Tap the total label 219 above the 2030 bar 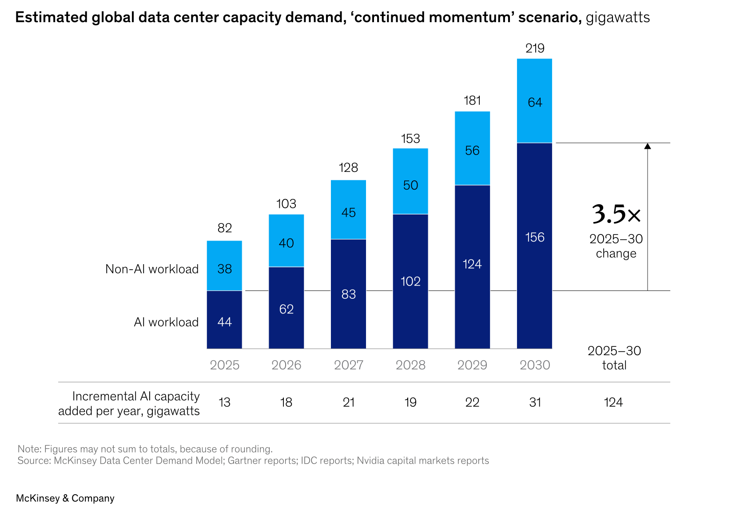click(x=535, y=48)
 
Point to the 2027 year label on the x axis click(x=349, y=365)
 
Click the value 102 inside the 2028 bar click(x=410, y=282)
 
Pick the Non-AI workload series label click(x=152, y=269)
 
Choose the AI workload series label click(x=166, y=322)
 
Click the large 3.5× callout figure click(x=617, y=214)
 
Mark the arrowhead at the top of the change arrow click(x=648, y=146)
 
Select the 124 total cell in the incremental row click(x=613, y=402)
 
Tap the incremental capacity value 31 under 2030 click(x=535, y=402)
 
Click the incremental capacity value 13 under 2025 click(x=224, y=402)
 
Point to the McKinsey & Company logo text click(x=65, y=498)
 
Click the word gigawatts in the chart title click(x=618, y=17)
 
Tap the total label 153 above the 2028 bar click(x=410, y=139)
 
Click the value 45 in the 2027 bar click(x=349, y=213)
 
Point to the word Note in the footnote click(x=28, y=449)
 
